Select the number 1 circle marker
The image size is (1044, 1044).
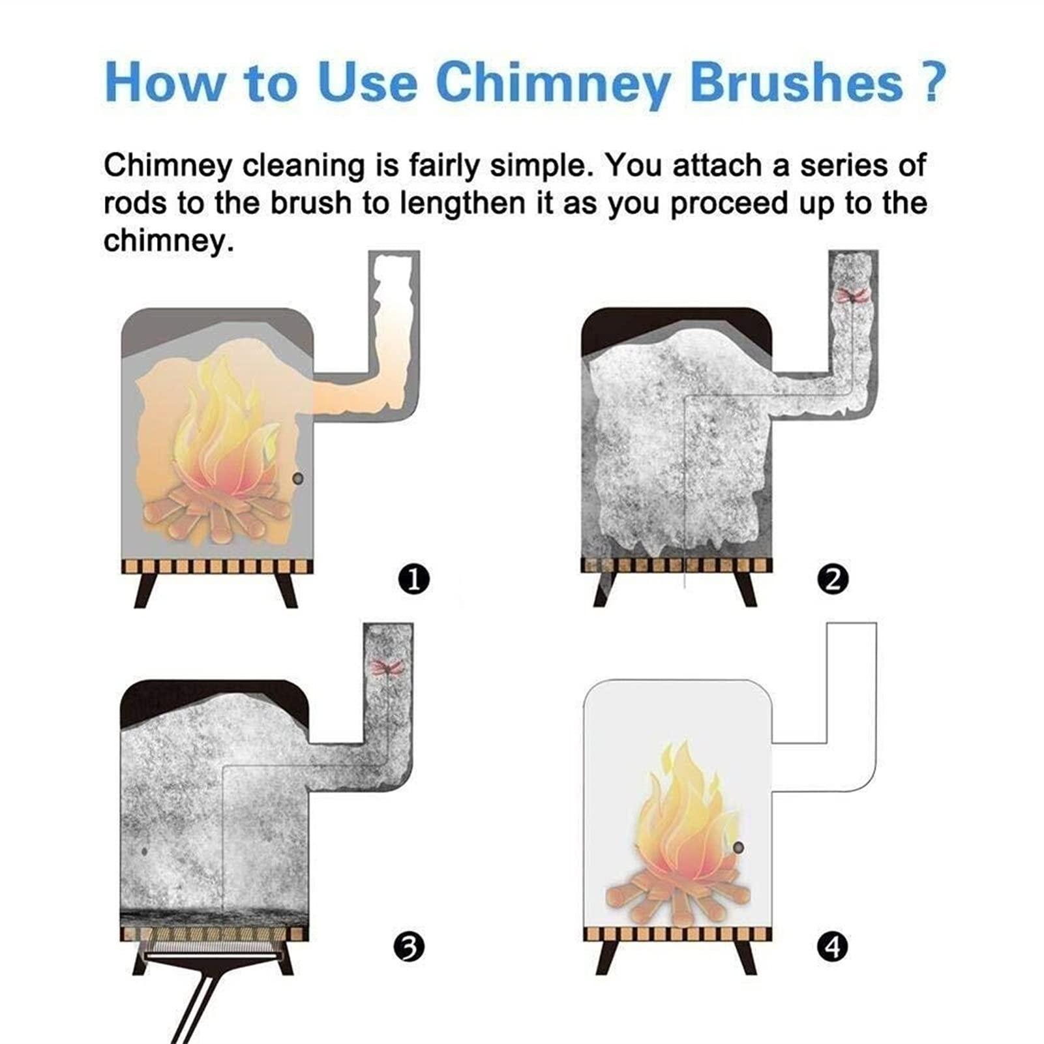coord(413,579)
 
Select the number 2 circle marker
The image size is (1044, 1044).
coord(833,579)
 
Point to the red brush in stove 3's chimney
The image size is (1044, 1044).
coord(385,667)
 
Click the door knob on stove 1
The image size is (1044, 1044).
coord(298,479)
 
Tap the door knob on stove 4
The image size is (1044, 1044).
coord(738,848)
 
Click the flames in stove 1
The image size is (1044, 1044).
coord(220,430)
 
